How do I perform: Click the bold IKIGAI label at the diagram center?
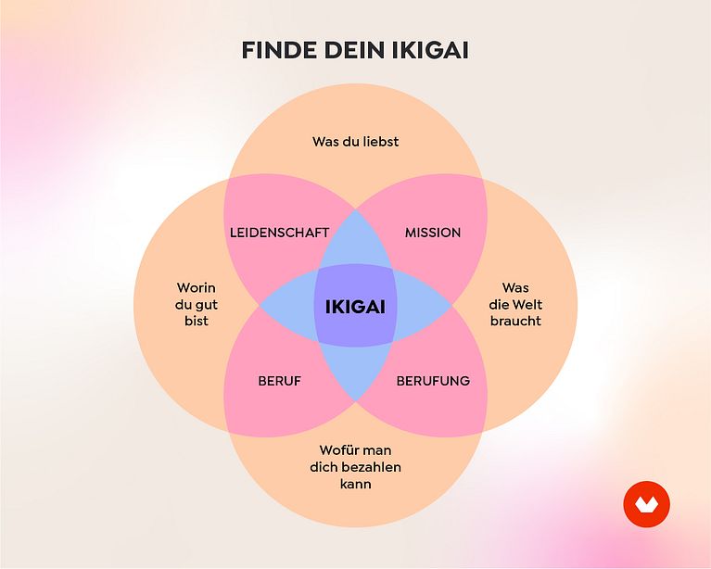(356, 307)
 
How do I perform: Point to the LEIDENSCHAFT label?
(279, 233)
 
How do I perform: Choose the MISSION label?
(433, 233)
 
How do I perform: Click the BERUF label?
(279, 381)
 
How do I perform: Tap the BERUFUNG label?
(433, 381)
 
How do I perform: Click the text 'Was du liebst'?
(356, 142)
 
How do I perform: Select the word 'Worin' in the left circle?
(197, 288)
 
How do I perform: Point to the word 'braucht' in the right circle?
(515, 321)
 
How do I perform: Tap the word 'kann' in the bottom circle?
(356, 484)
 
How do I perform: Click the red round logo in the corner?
(647, 504)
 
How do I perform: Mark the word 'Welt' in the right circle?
(528, 304)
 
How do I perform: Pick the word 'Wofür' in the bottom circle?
(336, 450)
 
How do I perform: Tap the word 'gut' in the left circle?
(207, 305)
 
